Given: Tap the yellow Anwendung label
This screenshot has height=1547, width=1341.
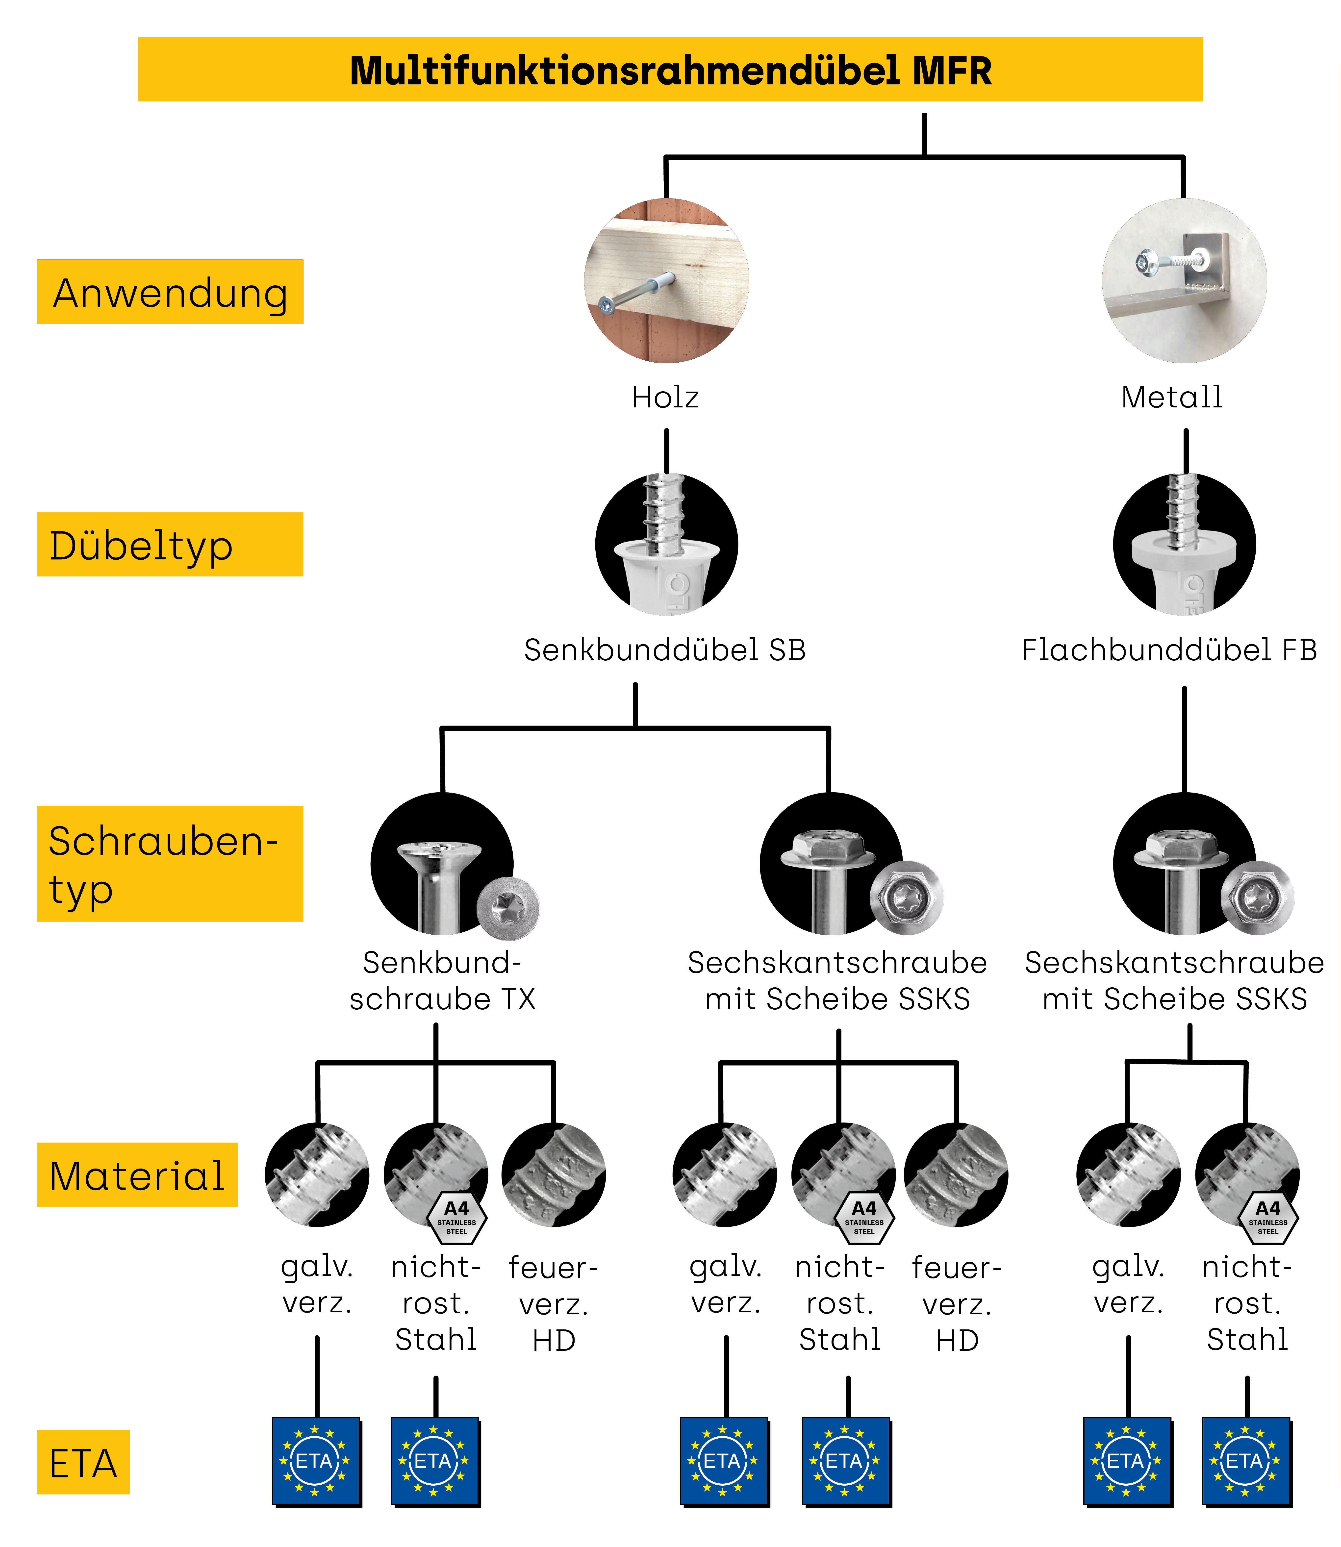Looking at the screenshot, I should point(170,293).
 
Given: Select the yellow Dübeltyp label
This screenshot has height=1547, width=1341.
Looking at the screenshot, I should point(170,545).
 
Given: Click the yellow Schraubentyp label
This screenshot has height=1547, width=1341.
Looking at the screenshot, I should point(170,864).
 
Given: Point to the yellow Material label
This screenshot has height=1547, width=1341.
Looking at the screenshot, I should point(137,1175).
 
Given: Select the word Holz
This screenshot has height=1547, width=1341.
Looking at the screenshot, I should point(664,397).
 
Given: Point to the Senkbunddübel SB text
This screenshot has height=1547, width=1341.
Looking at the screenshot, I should point(664,650).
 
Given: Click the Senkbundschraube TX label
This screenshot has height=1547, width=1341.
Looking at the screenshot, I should point(442,981).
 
